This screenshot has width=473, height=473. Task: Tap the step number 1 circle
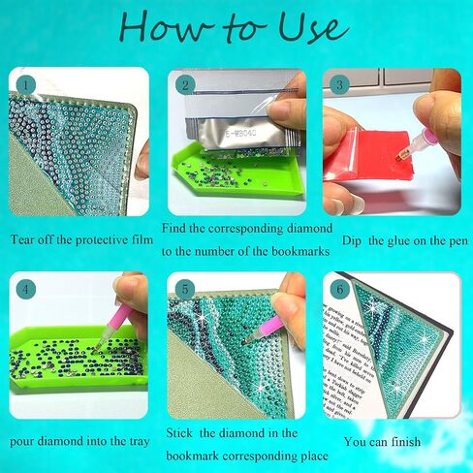coord(25,85)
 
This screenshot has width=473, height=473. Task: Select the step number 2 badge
coord(185,85)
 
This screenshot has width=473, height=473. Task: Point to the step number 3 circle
coord(339,85)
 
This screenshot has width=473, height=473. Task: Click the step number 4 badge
coord(25,289)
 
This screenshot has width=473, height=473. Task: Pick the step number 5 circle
coord(185,289)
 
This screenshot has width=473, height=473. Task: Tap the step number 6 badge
coord(339,289)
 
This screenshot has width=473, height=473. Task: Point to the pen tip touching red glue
coord(399,157)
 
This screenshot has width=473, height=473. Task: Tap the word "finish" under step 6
coord(406,441)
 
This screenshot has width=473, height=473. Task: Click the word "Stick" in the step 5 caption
coord(179,433)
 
